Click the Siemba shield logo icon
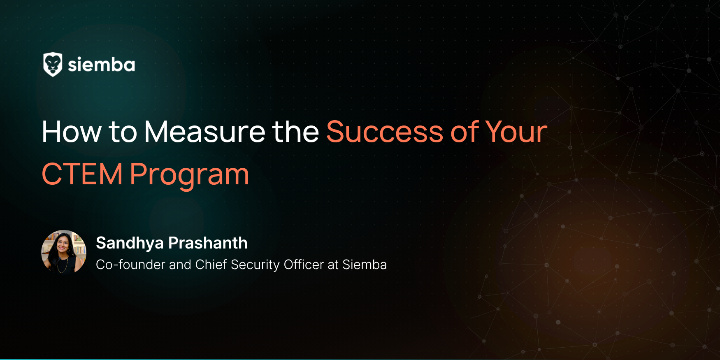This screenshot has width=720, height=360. (x=53, y=65)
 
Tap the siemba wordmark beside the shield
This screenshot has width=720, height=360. (x=101, y=65)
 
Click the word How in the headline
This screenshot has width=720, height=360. (x=72, y=132)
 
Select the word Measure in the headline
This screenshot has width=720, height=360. (x=204, y=132)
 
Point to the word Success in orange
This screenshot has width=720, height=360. (x=385, y=132)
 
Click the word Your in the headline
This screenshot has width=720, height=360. (x=516, y=132)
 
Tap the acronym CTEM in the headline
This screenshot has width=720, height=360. (x=82, y=174)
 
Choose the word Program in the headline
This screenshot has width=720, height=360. (x=190, y=175)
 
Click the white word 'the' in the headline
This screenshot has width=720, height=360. (x=295, y=132)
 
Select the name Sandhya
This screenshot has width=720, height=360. (x=130, y=243)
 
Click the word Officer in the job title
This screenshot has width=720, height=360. (x=304, y=265)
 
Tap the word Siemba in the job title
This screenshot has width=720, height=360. (x=365, y=265)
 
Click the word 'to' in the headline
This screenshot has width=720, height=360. (x=123, y=133)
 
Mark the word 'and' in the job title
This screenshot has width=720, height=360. (x=180, y=265)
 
